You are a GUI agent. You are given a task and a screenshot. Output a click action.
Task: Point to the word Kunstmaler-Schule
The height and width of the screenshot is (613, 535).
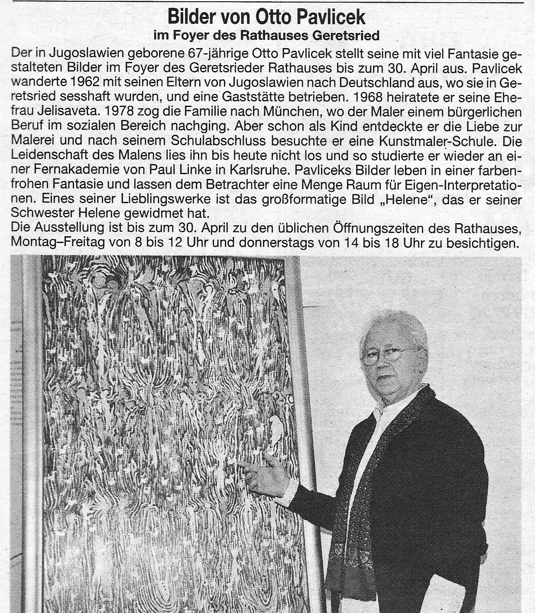coord(434,142)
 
